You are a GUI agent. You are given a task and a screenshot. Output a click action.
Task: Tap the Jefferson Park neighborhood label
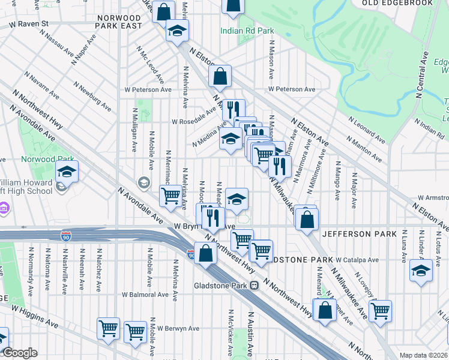pos(359,233)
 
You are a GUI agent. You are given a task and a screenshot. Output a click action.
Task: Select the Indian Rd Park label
pos(247,31)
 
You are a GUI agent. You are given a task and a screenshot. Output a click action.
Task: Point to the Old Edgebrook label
pos(397,3)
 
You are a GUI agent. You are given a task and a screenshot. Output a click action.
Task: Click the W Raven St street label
pos(28,23)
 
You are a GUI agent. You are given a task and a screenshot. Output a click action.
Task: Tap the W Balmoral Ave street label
pos(145,295)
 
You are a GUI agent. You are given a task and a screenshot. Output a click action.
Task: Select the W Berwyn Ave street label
pos(178,328)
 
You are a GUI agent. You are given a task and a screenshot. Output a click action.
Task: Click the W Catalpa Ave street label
pos(357,260)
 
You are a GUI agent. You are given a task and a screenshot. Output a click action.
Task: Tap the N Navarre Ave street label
pos(42,86)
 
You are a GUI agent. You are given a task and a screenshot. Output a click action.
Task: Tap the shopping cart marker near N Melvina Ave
pos(171,195)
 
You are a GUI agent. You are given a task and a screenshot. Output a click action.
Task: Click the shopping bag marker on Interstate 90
pos(205,253)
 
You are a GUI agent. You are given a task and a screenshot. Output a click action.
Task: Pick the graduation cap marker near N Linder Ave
pos(421,271)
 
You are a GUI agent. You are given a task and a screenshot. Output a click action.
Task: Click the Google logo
pos(19,353)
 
